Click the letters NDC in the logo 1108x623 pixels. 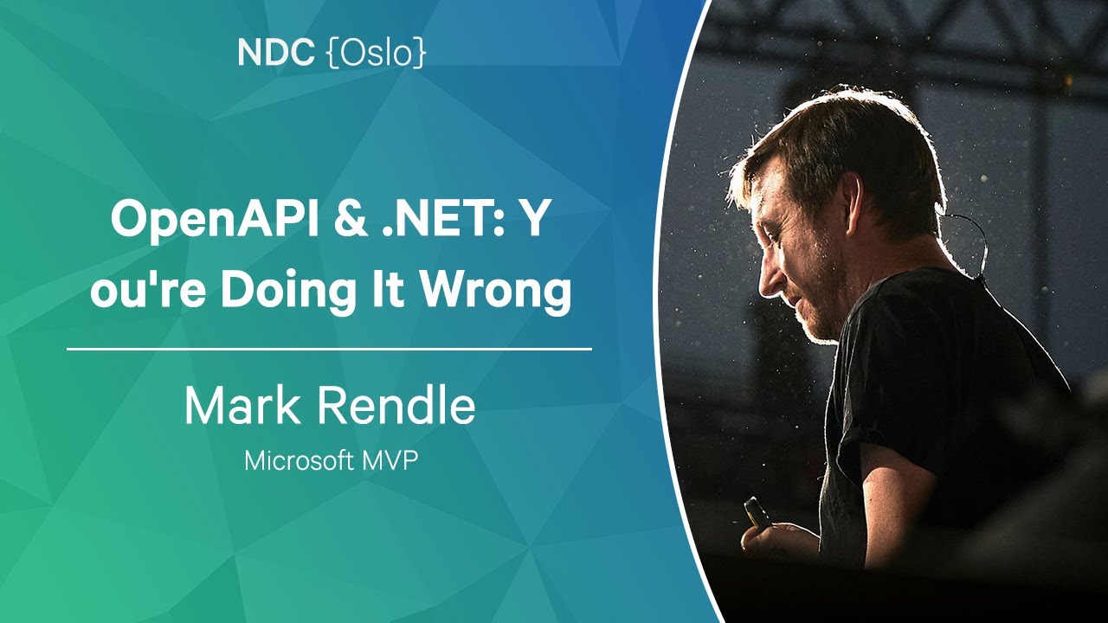point(276,54)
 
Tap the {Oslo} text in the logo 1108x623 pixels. point(377,54)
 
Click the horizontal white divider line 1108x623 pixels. point(329,350)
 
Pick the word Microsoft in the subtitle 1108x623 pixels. point(298,460)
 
